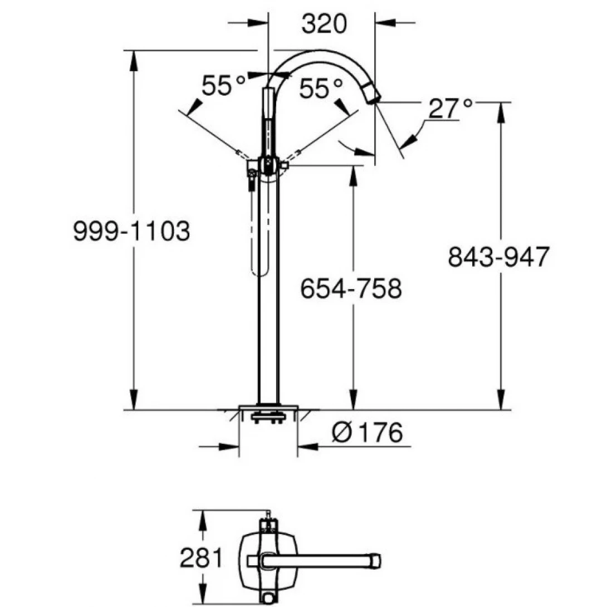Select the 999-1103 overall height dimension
coord(131,231)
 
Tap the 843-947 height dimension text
coord(499,257)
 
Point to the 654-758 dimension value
coord(351,289)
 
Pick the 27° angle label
coord(451,109)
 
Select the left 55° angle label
coord(223,86)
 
